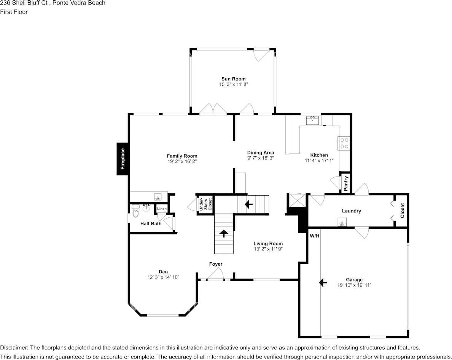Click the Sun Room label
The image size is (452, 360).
tap(233, 79)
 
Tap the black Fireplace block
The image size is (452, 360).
tap(122, 159)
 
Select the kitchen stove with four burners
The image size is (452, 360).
tap(344, 143)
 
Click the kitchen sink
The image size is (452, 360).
tap(312, 120)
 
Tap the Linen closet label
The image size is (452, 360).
tap(162, 209)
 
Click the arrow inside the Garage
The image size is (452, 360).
tap(323, 282)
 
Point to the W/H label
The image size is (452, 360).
tap(314, 236)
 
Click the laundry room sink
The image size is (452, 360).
tap(342, 223)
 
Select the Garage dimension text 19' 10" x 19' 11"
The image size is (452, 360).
tap(354, 285)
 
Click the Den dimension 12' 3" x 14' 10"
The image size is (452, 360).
tap(163, 277)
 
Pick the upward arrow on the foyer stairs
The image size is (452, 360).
tap(223, 233)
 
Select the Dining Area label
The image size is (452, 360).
tap(260, 153)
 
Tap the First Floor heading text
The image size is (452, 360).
tap(14, 12)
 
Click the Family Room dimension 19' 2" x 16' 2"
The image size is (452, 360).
tap(182, 161)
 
